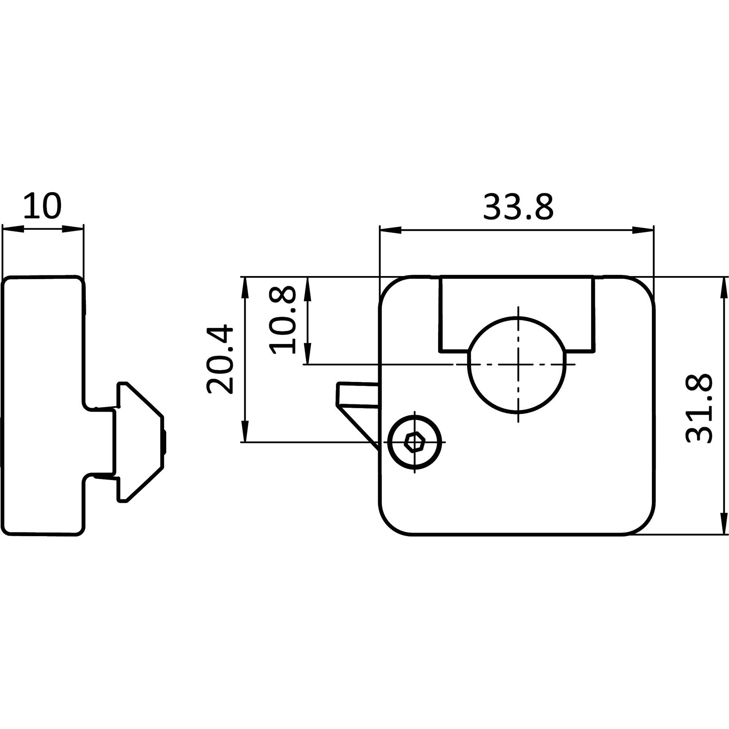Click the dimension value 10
click(x=42, y=206)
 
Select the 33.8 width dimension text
click(x=518, y=207)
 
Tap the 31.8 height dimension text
click(x=699, y=408)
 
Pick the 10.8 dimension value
click(x=282, y=320)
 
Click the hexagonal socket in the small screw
click(x=415, y=442)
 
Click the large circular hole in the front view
click(x=517, y=364)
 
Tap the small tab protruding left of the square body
click(x=358, y=395)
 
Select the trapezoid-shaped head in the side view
click(x=140, y=442)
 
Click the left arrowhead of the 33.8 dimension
click(x=390, y=230)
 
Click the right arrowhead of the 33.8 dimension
click(x=643, y=230)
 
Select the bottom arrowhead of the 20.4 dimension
click(x=245, y=431)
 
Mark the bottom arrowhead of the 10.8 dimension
click(x=308, y=354)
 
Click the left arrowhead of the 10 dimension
click(x=13, y=229)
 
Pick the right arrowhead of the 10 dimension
click(x=73, y=229)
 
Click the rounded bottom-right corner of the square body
click(x=644, y=525)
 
